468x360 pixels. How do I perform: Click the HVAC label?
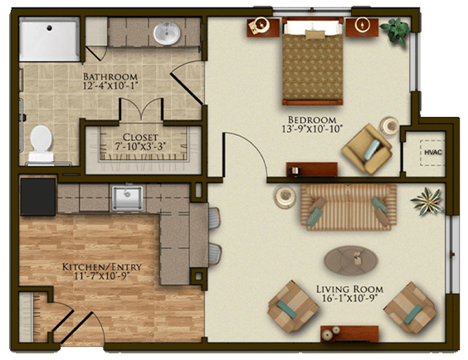433,152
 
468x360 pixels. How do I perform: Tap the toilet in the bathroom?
41,144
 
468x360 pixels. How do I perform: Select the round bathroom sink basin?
167,33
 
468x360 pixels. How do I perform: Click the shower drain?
49,28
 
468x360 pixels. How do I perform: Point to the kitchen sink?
128,198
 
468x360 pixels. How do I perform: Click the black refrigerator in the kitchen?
38,197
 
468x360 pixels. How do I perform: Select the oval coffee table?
351,260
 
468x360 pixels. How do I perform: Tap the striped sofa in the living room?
349,207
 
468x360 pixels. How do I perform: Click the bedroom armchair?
367,149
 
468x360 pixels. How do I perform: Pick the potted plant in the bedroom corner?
396,31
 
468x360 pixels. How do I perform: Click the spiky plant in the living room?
427,201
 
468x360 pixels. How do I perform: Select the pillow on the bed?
314,34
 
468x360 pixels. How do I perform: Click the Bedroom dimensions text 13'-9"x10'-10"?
312,129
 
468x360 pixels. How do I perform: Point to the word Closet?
140,137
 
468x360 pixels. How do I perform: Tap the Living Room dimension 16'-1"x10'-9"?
350,298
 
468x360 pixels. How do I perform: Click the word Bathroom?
110,76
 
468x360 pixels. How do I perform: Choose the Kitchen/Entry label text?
102,266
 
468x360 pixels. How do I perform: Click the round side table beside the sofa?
285,197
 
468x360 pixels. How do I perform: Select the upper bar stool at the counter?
215,218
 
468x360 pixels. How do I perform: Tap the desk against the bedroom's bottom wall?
312,169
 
